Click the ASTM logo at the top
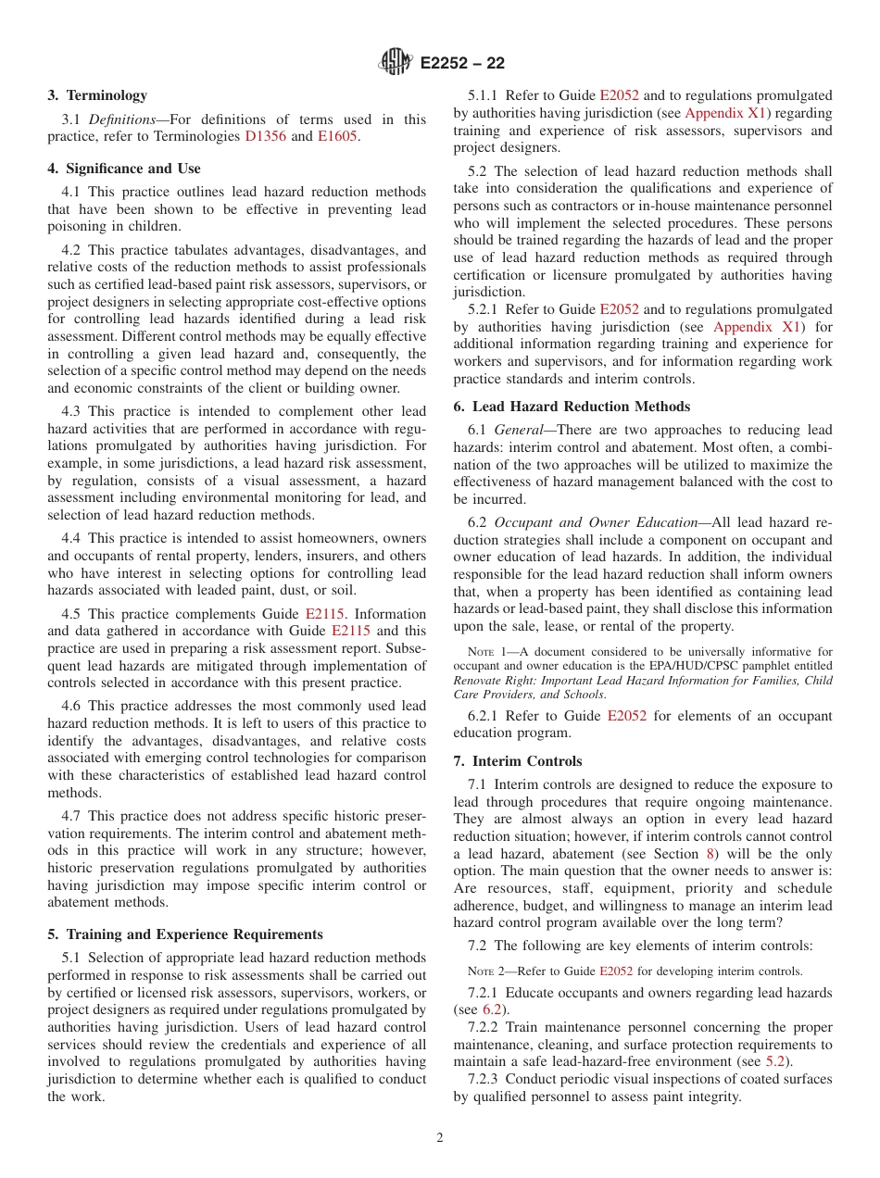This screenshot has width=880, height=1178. [x=396, y=63]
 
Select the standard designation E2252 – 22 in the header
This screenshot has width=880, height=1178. [x=462, y=64]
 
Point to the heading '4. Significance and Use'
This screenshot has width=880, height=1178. [x=124, y=169]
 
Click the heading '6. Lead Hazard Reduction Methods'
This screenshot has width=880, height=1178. [x=572, y=407]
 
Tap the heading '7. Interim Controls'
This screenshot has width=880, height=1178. [x=518, y=761]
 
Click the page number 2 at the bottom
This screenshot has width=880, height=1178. [x=440, y=1138]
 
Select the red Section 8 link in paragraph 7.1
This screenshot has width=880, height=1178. [x=710, y=854]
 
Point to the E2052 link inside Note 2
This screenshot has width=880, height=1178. [x=616, y=971]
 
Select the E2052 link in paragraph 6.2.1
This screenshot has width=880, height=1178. [x=627, y=716]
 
